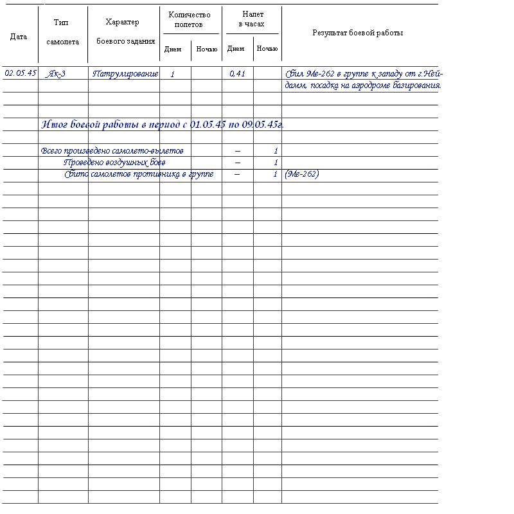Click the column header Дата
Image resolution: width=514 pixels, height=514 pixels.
pos(19,37)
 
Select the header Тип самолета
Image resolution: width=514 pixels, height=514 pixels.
pos(62,32)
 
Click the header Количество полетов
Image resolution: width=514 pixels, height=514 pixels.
pos(189,19)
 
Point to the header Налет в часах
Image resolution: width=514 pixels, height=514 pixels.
pos(252,19)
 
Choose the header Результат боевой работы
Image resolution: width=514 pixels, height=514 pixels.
pos(357,33)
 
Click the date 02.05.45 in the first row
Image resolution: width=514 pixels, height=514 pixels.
pos(20,73)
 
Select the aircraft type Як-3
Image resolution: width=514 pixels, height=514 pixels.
pos(57,74)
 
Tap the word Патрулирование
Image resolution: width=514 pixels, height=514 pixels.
pos(125,74)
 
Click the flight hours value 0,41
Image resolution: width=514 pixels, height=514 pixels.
pos(238,74)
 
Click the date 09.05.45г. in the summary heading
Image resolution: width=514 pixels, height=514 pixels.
pos(263,124)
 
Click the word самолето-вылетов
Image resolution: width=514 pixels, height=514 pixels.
pos(152,151)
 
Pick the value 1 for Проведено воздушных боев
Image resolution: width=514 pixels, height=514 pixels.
pos(276,163)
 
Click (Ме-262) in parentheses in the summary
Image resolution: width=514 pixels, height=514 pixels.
pos(301,174)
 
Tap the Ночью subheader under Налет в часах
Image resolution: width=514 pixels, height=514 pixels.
pos(267,49)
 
